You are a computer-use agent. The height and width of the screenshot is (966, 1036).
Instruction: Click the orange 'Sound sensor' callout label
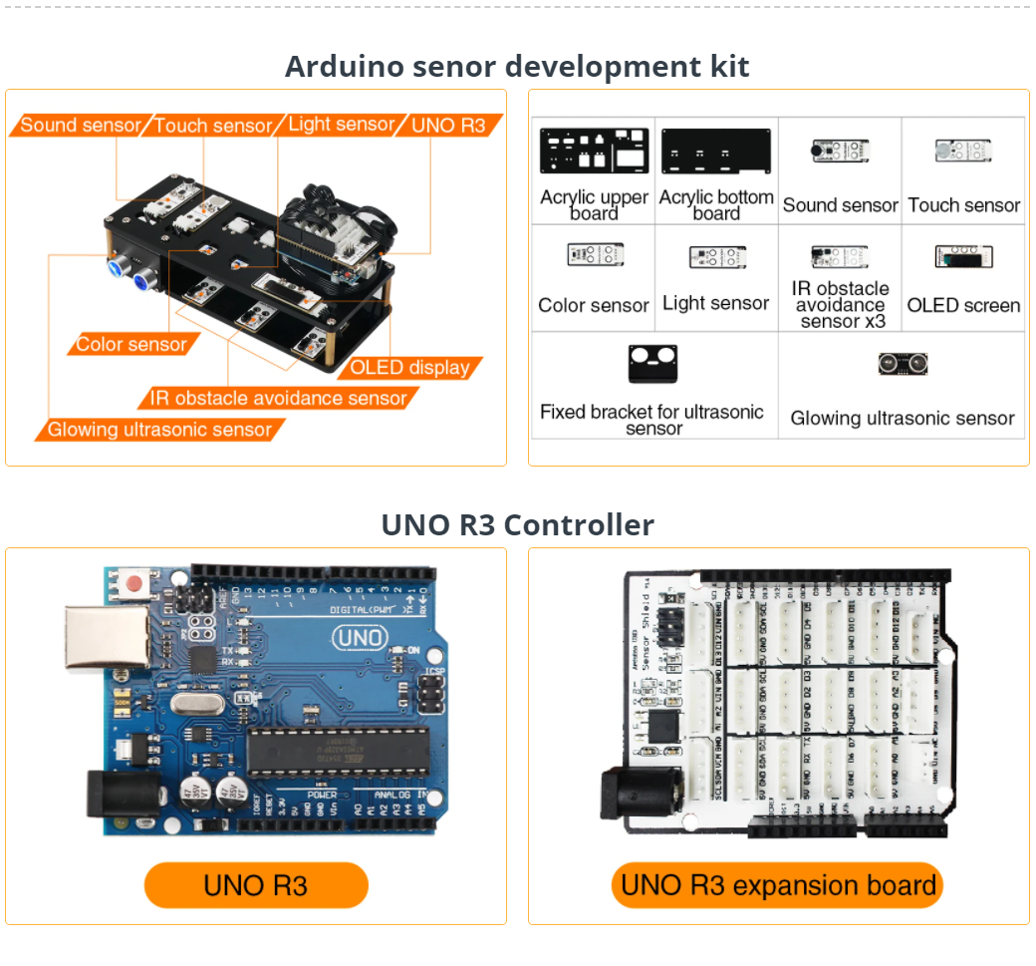point(81,126)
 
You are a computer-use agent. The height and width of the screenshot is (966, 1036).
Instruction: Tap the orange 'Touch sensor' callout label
point(213,126)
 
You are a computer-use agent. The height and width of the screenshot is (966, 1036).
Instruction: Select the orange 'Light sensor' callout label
point(341,125)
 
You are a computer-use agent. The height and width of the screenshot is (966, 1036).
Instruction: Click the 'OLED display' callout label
point(409,368)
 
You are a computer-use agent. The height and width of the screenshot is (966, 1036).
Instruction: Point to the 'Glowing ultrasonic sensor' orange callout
point(159,430)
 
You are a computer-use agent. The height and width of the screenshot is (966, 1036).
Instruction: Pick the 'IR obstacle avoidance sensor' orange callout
point(278,399)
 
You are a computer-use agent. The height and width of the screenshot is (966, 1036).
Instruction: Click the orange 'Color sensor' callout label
point(131,345)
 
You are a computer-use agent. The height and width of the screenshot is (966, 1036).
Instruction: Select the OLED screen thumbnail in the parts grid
point(963,256)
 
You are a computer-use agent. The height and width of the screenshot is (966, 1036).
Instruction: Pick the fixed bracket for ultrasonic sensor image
point(652,365)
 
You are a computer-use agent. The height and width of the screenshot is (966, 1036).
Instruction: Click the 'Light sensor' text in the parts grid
point(715,303)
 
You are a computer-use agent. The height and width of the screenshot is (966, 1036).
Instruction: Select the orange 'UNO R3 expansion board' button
point(777,885)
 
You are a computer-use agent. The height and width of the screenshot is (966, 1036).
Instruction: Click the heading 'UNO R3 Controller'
point(517,524)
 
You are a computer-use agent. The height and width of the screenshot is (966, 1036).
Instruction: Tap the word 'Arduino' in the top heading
point(339,67)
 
